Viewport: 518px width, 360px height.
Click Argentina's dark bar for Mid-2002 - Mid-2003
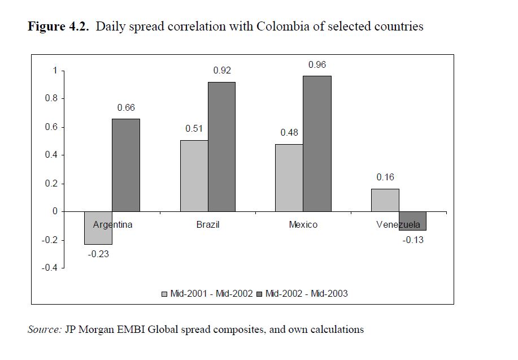pyautogui.click(x=126, y=165)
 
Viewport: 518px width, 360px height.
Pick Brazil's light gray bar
pyautogui.click(x=194, y=176)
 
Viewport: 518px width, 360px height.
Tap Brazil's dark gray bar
pyautogui.click(x=221, y=147)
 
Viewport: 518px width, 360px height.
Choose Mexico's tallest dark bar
pyautogui.click(x=317, y=144)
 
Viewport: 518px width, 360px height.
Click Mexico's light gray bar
pyautogui.click(x=289, y=178)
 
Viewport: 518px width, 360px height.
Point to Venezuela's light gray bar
pyautogui.click(x=385, y=200)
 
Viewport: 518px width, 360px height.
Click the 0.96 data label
pyautogui.click(x=317, y=65)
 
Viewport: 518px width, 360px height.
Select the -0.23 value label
pyautogui.click(x=98, y=254)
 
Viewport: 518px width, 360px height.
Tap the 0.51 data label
pyautogui.click(x=194, y=129)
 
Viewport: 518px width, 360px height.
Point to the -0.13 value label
pyautogui.click(x=413, y=240)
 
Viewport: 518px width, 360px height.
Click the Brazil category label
pyautogui.click(x=208, y=225)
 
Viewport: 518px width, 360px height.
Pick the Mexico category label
pyautogui.click(x=303, y=225)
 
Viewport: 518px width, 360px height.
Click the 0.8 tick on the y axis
pyautogui.click(x=52, y=99)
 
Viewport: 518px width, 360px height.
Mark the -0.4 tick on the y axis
pyautogui.click(x=50, y=268)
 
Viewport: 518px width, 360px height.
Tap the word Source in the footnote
pyautogui.click(x=44, y=329)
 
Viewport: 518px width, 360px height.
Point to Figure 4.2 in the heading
pyautogui.click(x=58, y=27)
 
